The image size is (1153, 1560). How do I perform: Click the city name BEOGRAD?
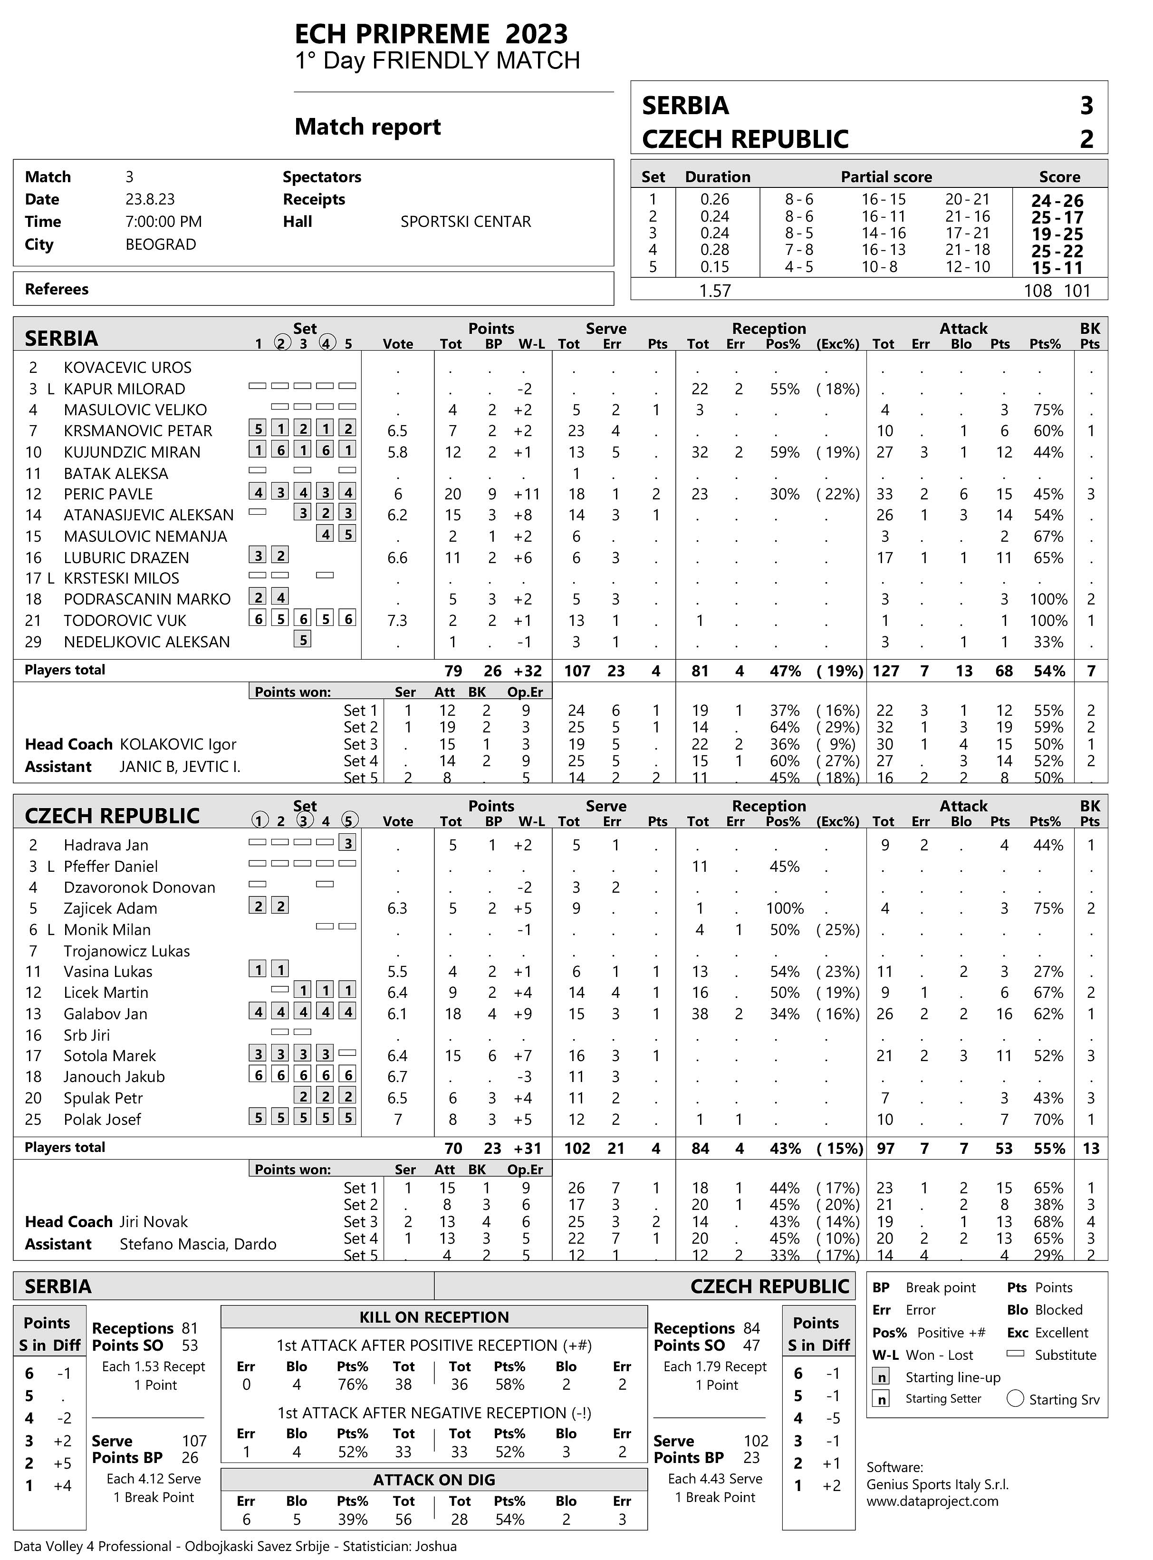161,244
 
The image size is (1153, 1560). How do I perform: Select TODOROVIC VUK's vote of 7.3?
398,620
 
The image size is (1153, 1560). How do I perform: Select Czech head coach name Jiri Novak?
154,1221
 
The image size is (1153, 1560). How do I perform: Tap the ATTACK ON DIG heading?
434,1480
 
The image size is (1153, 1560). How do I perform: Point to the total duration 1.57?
715,291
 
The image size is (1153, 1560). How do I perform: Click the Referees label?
57,289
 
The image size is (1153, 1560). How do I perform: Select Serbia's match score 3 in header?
1086,106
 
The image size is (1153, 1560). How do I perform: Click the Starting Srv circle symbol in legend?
1016,1399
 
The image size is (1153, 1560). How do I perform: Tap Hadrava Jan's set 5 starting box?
347,843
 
